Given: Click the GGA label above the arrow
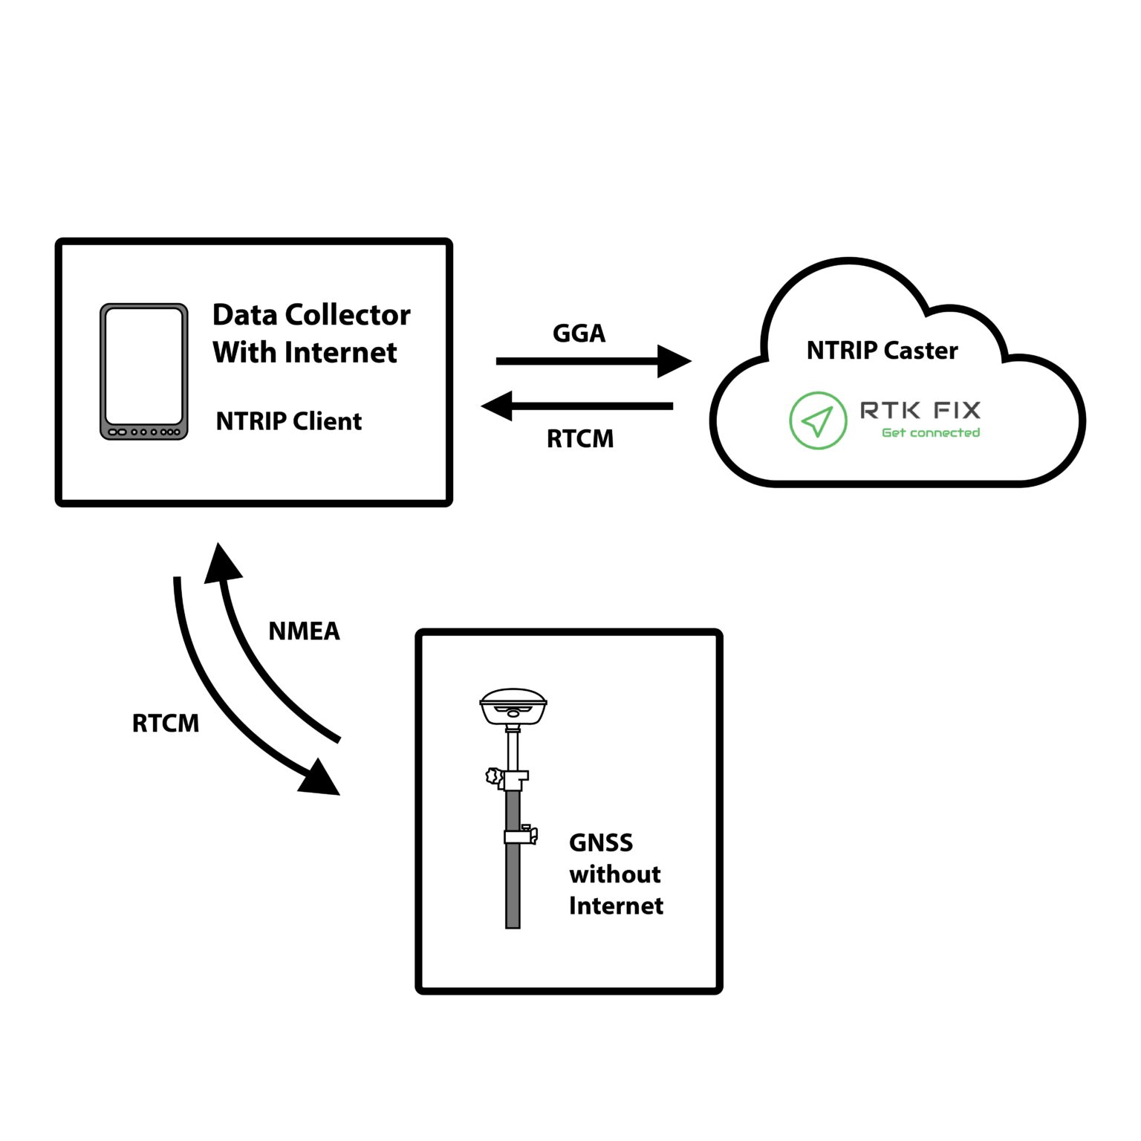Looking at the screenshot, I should coord(579,334).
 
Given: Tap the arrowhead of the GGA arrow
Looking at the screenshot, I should coord(673,362).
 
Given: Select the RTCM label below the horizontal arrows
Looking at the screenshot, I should coord(580,439).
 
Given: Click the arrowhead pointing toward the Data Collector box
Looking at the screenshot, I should coord(498,406).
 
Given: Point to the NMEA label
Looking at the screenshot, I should coord(304,631).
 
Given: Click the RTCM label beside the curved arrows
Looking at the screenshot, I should coord(166,724).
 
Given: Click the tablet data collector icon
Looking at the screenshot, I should coord(144,371).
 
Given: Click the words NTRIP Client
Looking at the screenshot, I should coord(288,421).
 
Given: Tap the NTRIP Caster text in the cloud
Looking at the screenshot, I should coord(882,351).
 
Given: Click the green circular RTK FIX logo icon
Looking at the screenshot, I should coord(817,420).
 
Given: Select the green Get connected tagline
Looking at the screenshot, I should coord(930,432).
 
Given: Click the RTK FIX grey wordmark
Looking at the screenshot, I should coord(920,410).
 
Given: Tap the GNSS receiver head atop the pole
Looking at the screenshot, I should coord(513,706).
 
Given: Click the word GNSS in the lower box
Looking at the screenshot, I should coord(601,843).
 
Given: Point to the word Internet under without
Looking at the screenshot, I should coord(616,906).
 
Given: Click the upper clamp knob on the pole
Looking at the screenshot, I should coord(493,776).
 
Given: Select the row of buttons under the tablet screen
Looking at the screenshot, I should coord(144,432).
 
